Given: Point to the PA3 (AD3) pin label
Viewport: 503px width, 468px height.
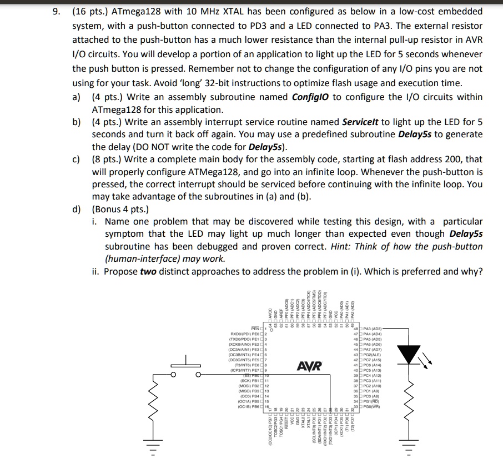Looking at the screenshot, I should pos(371,328).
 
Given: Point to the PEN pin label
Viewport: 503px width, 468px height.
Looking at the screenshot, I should pos(256,328).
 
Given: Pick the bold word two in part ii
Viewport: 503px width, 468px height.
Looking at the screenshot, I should pos(148,271).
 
